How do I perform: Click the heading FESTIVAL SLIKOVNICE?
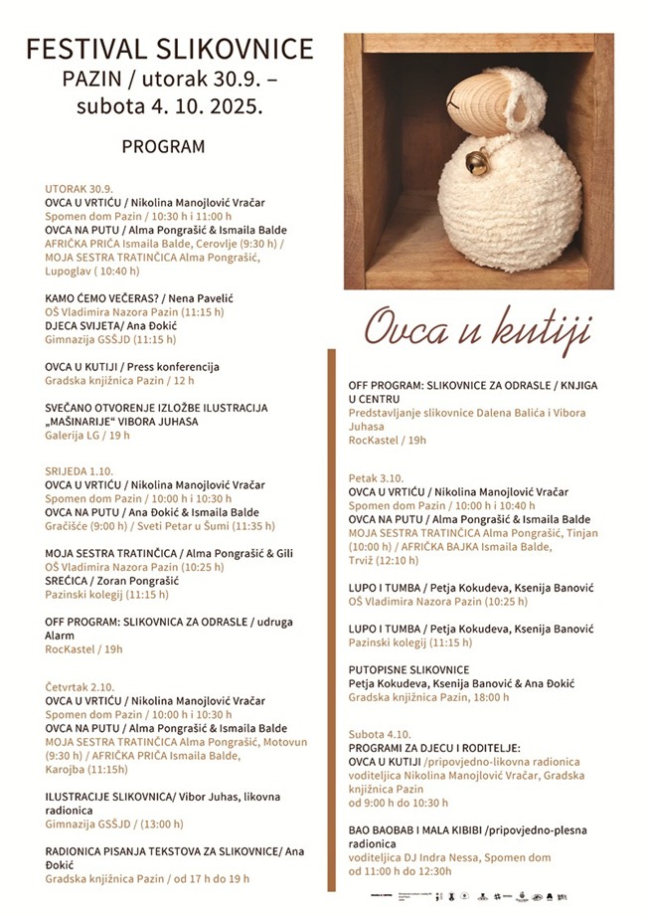tap(169, 49)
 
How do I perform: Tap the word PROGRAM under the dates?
tap(163, 146)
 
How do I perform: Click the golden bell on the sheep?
tap(476, 160)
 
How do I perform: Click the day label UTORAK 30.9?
tap(79, 188)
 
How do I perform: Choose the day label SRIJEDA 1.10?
tap(80, 470)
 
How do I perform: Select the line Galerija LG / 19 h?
tap(86, 435)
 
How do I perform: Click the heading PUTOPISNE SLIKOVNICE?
tap(408, 669)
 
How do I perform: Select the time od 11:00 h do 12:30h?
tap(400, 870)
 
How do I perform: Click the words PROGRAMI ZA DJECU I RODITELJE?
tap(434, 748)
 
